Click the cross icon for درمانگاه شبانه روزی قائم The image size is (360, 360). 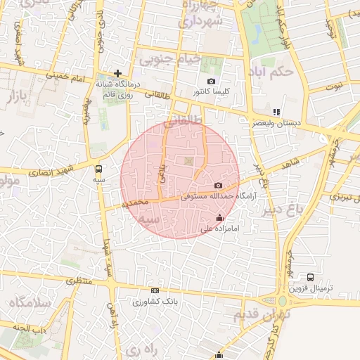[118, 73]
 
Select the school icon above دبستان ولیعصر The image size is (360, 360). [276, 111]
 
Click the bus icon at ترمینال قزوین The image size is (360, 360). [311, 278]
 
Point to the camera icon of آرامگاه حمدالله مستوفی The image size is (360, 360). [218, 184]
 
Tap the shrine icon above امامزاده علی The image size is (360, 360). [220, 217]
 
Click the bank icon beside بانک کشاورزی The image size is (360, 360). [155, 290]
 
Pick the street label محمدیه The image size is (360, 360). [135, 203]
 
